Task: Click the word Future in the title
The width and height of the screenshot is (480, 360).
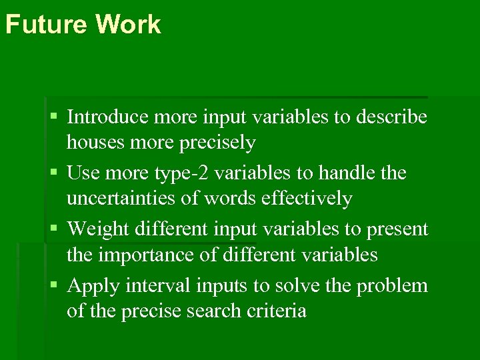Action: click(x=46, y=25)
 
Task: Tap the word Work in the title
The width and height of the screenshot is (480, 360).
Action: click(x=128, y=25)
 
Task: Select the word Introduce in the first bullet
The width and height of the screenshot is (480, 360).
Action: click(x=108, y=117)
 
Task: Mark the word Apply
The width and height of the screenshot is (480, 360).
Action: click(x=93, y=286)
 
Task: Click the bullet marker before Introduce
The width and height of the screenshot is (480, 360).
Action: click(x=54, y=117)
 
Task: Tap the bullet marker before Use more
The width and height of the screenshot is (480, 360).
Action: click(x=54, y=173)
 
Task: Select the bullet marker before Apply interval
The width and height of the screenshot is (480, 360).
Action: click(x=54, y=286)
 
